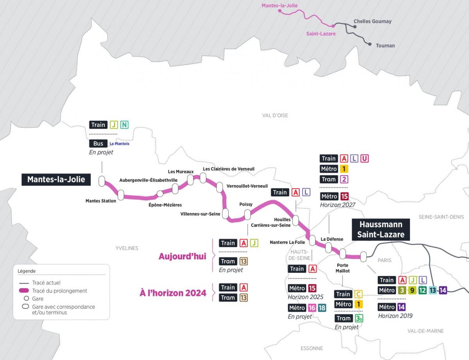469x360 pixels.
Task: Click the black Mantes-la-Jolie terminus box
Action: (x=56, y=180)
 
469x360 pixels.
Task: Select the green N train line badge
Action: (x=124, y=125)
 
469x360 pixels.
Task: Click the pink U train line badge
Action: (x=364, y=159)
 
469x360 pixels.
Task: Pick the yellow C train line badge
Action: (x=358, y=294)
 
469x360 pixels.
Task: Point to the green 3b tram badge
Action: (x=359, y=318)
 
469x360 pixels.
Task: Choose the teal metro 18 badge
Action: (x=322, y=308)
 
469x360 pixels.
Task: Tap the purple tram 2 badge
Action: (x=344, y=179)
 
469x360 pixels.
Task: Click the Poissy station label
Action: (x=246, y=204)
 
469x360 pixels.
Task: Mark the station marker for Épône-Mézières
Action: (x=160, y=194)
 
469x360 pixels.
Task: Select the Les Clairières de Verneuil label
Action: (x=229, y=169)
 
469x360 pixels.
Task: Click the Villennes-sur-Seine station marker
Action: (x=225, y=213)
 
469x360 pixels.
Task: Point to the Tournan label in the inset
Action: (x=385, y=46)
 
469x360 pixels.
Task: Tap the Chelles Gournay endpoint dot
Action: (x=355, y=27)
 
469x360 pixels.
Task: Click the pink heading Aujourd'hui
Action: (x=182, y=257)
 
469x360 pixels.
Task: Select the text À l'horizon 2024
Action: (x=173, y=293)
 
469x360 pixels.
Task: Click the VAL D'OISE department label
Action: (x=275, y=116)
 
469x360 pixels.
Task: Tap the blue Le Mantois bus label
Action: (x=119, y=144)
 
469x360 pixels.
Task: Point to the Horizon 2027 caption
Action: (x=338, y=204)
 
